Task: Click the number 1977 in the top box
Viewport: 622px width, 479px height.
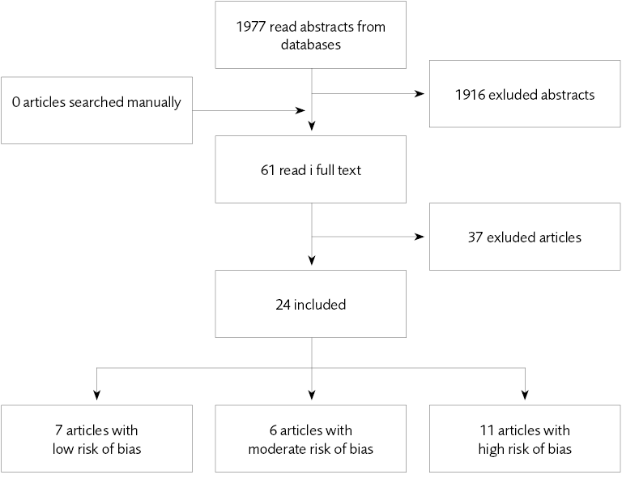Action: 251,27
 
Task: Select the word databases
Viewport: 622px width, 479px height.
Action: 311,45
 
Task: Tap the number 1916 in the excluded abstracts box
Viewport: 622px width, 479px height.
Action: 470,95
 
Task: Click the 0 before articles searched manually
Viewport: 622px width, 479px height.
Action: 16,102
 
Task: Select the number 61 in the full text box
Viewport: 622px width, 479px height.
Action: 268,170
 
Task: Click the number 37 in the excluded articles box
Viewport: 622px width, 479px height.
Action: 475,237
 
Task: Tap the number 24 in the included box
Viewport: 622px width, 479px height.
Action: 283,305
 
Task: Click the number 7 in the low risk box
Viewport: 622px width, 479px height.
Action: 58,430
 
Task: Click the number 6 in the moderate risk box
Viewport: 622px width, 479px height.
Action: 273,430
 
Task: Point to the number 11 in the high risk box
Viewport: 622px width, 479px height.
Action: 487,430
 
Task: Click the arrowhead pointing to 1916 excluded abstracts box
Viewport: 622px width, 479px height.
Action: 420,94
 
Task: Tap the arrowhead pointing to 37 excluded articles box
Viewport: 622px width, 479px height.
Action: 420,237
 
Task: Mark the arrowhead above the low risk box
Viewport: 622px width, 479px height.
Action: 97,395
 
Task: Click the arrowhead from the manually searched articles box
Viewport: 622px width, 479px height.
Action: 300,110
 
